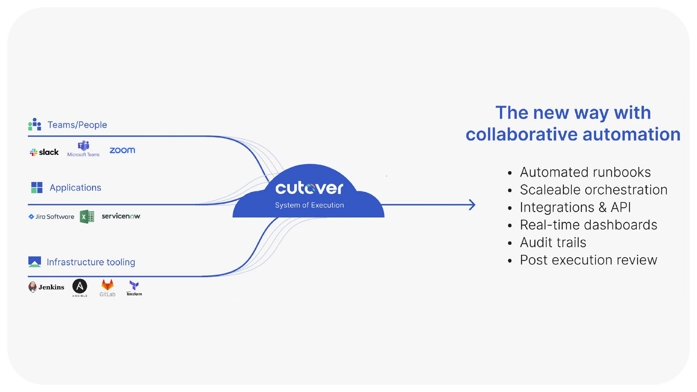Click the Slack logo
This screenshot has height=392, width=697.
pyautogui.click(x=44, y=152)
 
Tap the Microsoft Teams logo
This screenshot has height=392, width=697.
pyautogui.click(x=83, y=149)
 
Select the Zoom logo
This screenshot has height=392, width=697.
pyautogui.click(x=122, y=150)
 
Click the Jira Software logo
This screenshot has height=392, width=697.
pyautogui.click(x=51, y=217)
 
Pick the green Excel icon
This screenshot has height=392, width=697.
pyautogui.click(x=87, y=217)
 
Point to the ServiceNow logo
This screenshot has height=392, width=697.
pyautogui.click(x=121, y=216)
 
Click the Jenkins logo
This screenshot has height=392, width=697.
pyautogui.click(x=46, y=287)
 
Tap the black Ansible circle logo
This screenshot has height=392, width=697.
pyautogui.click(x=80, y=286)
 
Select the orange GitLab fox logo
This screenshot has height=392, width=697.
pyautogui.click(x=107, y=285)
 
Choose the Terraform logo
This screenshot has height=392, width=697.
pyautogui.click(x=134, y=288)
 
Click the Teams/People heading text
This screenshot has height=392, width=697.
pyautogui.click(x=77, y=125)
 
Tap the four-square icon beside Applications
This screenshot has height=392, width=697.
pyautogui.click(x=37, y=188)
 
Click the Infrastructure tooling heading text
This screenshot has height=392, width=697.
pyautogui.click(x=91, y=262)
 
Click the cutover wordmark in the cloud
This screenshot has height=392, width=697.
pyautogui.click(x=309, y=188)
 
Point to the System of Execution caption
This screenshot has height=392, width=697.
pyautogui.click(x=309, y=205)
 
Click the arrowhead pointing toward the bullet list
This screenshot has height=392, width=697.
pyautogui.click(x=472, y=205)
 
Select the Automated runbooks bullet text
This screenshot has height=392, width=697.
pyautogui.click(x=585, y=172)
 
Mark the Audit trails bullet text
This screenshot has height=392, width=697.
pyautogui.click(x=553, y=242)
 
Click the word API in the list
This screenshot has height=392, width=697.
pyautogui.click(x=620, y=207)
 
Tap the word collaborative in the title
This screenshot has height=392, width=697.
pyautogui.click(x=521, y=134)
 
